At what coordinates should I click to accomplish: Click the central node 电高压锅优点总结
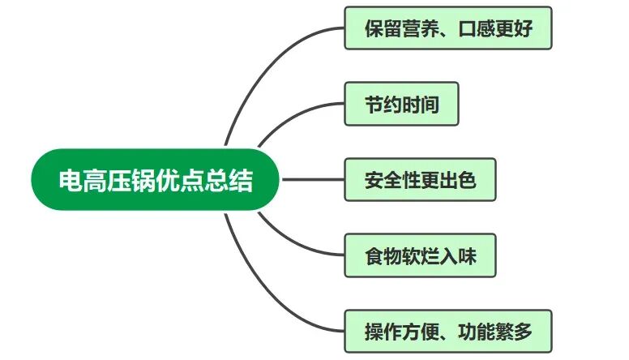click(x=156, y=179)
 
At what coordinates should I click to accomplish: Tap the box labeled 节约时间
click(x=401, y=104)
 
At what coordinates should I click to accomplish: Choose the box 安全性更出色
click(x=419, y=179)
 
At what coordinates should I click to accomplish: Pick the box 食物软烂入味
click(x=419, y=255)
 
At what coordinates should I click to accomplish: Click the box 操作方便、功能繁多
click(x=447, y=331)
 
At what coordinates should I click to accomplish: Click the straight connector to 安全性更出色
click(x=312, y=179)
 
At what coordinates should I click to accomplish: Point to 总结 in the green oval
click(x=235, y=179)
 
